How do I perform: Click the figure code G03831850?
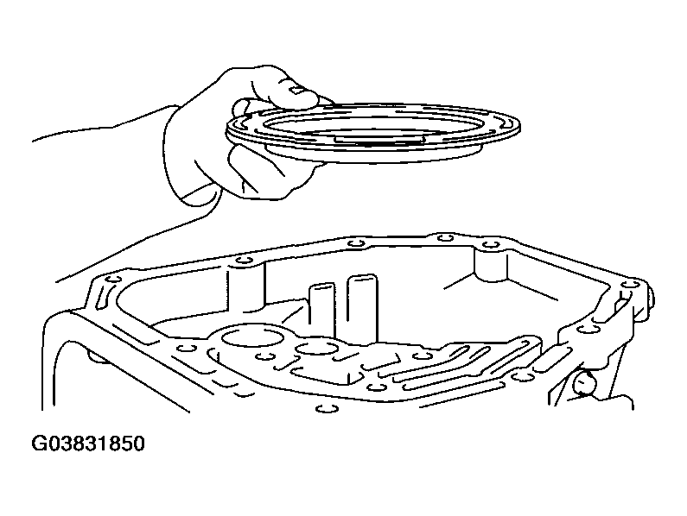[87, 444]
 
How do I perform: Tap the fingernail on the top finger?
[297, 91]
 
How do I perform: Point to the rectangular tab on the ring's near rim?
[379, 139]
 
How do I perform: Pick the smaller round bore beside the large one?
[317, 349]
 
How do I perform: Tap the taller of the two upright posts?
[362, 306]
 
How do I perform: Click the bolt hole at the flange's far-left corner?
[113, 279]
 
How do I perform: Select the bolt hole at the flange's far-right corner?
[630, 285]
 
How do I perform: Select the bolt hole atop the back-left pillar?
[244, 261]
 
